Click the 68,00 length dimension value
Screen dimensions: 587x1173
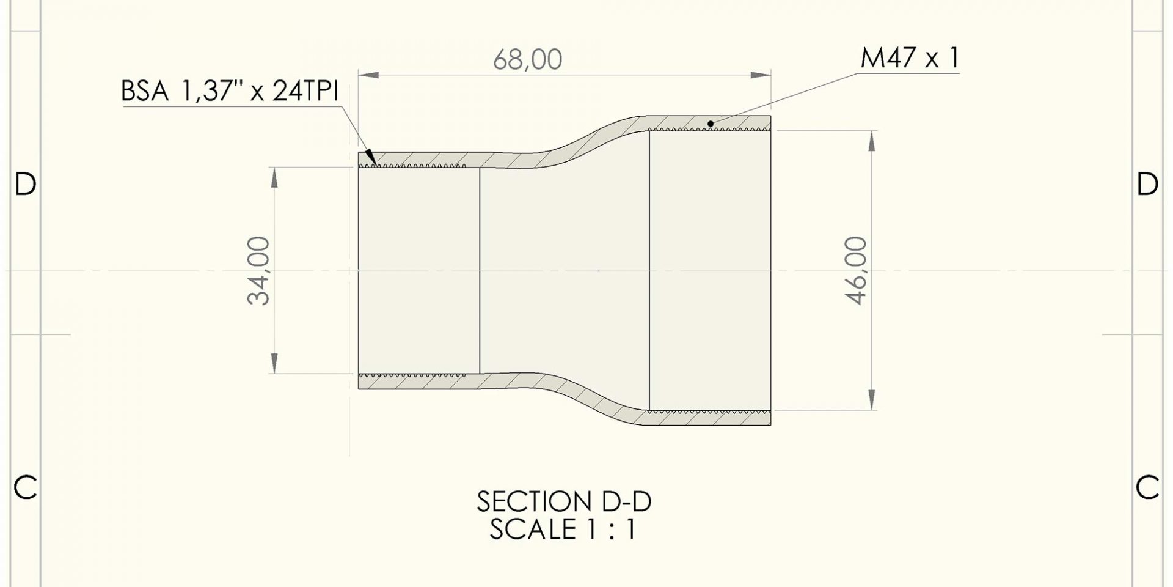click(x=527, y=60)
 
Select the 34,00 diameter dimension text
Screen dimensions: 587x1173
click(x=259, y=270)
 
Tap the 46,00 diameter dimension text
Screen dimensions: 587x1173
click(x=857, y=270)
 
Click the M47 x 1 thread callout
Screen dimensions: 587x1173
click(x=910, y=58)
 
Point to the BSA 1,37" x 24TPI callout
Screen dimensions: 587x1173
click(x=230, y=92)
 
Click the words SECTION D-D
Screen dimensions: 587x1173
click(x=563, y=502)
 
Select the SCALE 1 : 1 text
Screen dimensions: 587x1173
click(x=563, y=530)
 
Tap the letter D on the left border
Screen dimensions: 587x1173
click(x=25, y=184)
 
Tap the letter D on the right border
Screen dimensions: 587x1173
click(x=1147, y=184)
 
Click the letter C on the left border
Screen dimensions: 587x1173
click(x=25, y=487)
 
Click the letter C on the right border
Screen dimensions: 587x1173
click(x=1147, y=487)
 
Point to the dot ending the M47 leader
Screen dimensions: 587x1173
click(x=711, y=124)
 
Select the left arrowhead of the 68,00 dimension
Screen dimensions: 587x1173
click(x=367, y=75)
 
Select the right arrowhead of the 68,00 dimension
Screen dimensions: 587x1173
click(x=762, y=75)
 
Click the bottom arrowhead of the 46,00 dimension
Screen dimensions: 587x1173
click(x=871, y=401)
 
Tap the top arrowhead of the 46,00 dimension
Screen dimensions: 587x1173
click(x=871, y=140)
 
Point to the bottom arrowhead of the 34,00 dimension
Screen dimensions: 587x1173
click(x=274, y=364)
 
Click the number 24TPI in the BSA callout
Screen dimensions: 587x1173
click(x=305, y=92)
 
